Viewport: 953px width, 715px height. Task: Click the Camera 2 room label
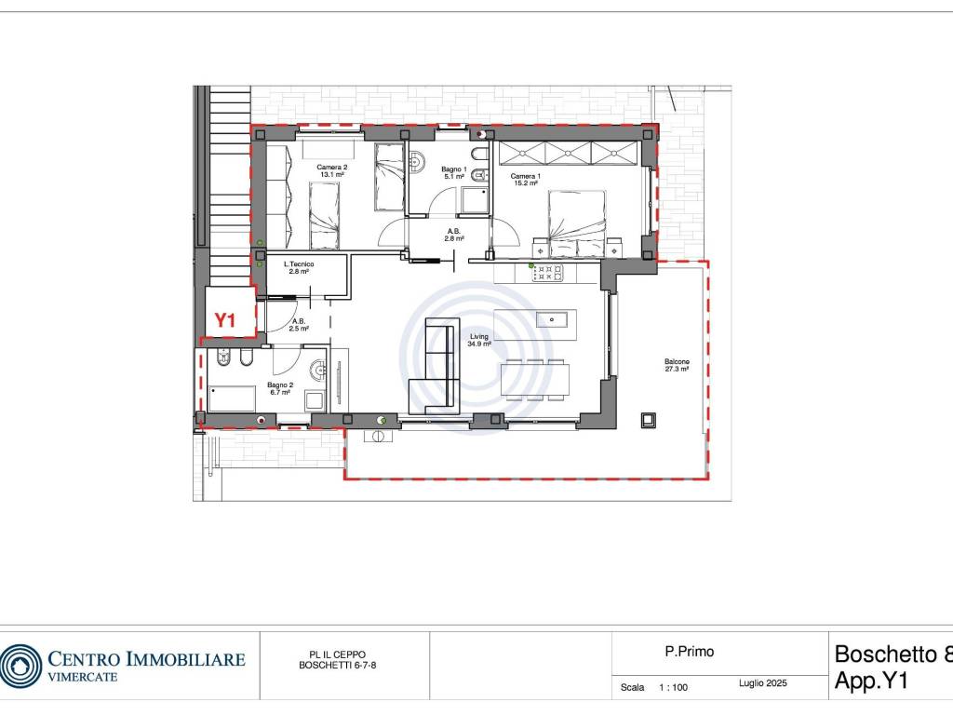[x=332, y=171]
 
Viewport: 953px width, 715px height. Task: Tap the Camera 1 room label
[x=525, y=180]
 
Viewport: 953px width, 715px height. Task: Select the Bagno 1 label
[x=454, y=172]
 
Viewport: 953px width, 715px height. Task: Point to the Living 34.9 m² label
[x=479, y=340]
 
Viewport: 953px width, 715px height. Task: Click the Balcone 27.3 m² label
[x=677, y=365]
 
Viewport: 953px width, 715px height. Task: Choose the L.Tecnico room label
[x=299, y=267]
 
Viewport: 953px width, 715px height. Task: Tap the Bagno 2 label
[x=280, y=388]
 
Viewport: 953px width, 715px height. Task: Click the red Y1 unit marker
[x=225, y=320]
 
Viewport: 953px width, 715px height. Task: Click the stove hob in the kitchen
[x=548, y=273]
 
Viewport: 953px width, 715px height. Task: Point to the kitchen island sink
[x=552, y=318]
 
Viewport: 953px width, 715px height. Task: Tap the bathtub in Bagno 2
[x=232, y=398]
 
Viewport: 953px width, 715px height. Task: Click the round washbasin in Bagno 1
[x=416, y=162]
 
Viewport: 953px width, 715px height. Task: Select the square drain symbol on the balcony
[x=649, y=420]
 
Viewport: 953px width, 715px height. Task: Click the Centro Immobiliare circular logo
[x=20, y=666]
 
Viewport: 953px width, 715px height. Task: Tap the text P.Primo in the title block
[x=690, y=652]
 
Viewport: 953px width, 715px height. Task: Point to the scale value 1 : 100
[x=674, y=688]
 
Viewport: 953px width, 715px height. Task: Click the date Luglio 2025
[x=763, y=683]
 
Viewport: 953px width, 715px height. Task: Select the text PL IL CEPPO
[x=337, y=654]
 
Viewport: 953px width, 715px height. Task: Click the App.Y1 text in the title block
[x=871, y=681]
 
